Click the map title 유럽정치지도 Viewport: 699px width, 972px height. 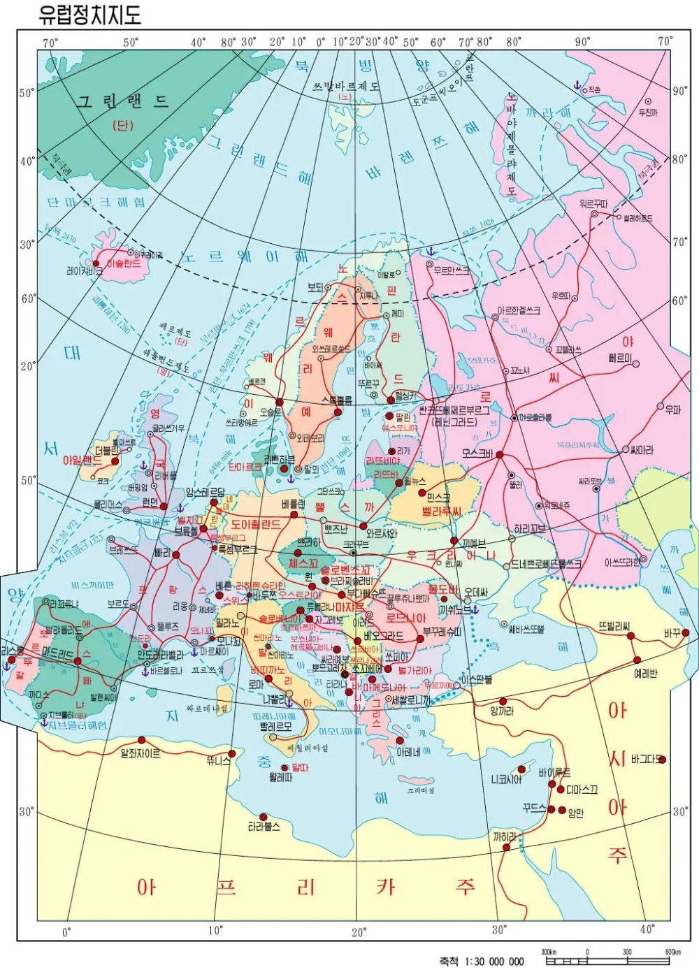pos(89,15)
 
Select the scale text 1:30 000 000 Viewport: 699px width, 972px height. pos(482,962)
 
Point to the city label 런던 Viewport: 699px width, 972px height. pos(150,502)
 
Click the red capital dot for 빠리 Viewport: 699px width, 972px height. pos(176,555)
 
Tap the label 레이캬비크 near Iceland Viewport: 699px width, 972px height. pos(85,270)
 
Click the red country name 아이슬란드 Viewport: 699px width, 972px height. pos(124,263)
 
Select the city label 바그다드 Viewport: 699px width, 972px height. pos(644,759)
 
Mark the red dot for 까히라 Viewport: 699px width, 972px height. pos(506,847)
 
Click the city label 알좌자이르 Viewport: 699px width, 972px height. pos(140,753)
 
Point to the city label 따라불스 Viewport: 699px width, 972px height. pos(264,827)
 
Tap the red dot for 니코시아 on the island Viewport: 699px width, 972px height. pos(521,769)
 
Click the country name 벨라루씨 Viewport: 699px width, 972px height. pos(442,512)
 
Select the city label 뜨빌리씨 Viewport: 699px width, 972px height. pos(614,626)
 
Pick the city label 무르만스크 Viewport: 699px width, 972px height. pos(452,270)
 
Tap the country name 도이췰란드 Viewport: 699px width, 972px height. pos(256,524)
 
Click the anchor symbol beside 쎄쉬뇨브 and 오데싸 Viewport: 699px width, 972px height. pos(475,609)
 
